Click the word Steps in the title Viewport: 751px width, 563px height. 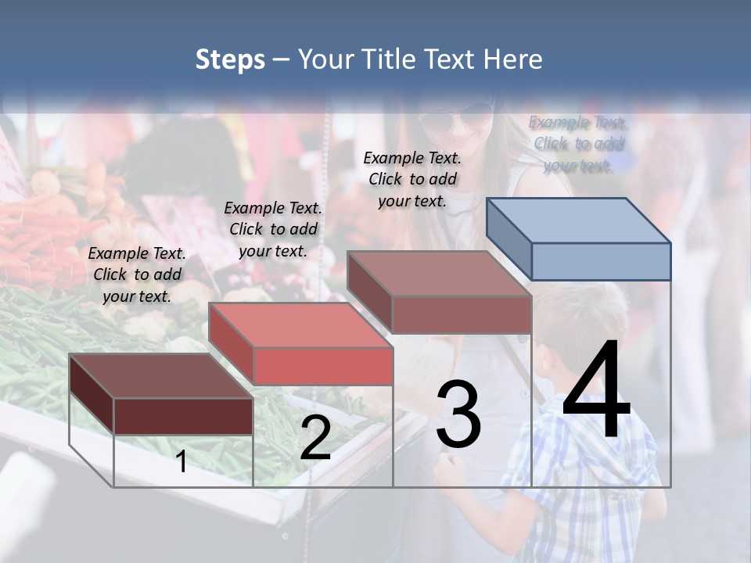pyautogui.click(x=230, y=60)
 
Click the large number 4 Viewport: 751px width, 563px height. pyautogui.click(x=596, y=391)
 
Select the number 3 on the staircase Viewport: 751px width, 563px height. pyautogui.click(x=458, y=414)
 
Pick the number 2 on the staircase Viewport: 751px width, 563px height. pyautogui.click(x=315, y=439)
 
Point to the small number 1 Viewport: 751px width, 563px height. pyautogui.click(x=181, y=461)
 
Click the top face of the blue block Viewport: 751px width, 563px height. pyautogui.click(x=577, y=220)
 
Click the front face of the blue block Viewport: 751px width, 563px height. pyautogui.click(x=601, y=261)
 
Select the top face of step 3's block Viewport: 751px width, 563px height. pyautogui.click(x=438, y=274)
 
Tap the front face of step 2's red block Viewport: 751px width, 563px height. pyautogui.click(x=322, y=366)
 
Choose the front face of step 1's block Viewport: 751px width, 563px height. pyautogui.click(x=183, y=416)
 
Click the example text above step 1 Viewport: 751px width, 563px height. pyautogui.click(x=137, y=274)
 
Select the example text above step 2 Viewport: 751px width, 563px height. pyautogui.click(x=273, y=229)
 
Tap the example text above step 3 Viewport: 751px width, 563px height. pyautogui.click(x=412, y=179)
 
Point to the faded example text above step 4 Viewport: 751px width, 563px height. pyautogui.click(x=578, y=144)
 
